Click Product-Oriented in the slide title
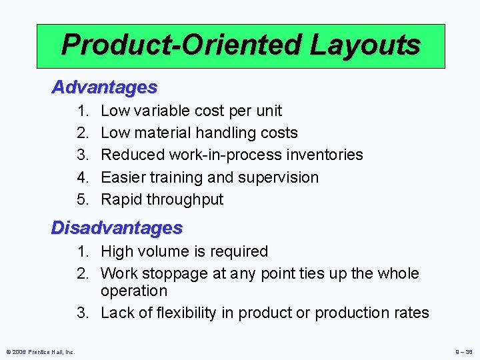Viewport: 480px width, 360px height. (x=180, y=45)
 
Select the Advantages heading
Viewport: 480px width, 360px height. (x=105, y=87)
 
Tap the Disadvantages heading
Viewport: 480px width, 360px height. (x=117, y=228)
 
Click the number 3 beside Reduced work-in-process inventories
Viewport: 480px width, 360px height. (x=82, y=155)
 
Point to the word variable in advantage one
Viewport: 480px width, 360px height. (x=162, y=111)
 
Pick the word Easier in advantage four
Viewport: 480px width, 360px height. (x=124, y=177)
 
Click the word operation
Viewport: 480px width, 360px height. (x=134, y=291)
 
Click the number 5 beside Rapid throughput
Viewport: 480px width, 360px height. (x=82, y=199)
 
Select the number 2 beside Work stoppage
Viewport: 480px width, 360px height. (x=82, y=273)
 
